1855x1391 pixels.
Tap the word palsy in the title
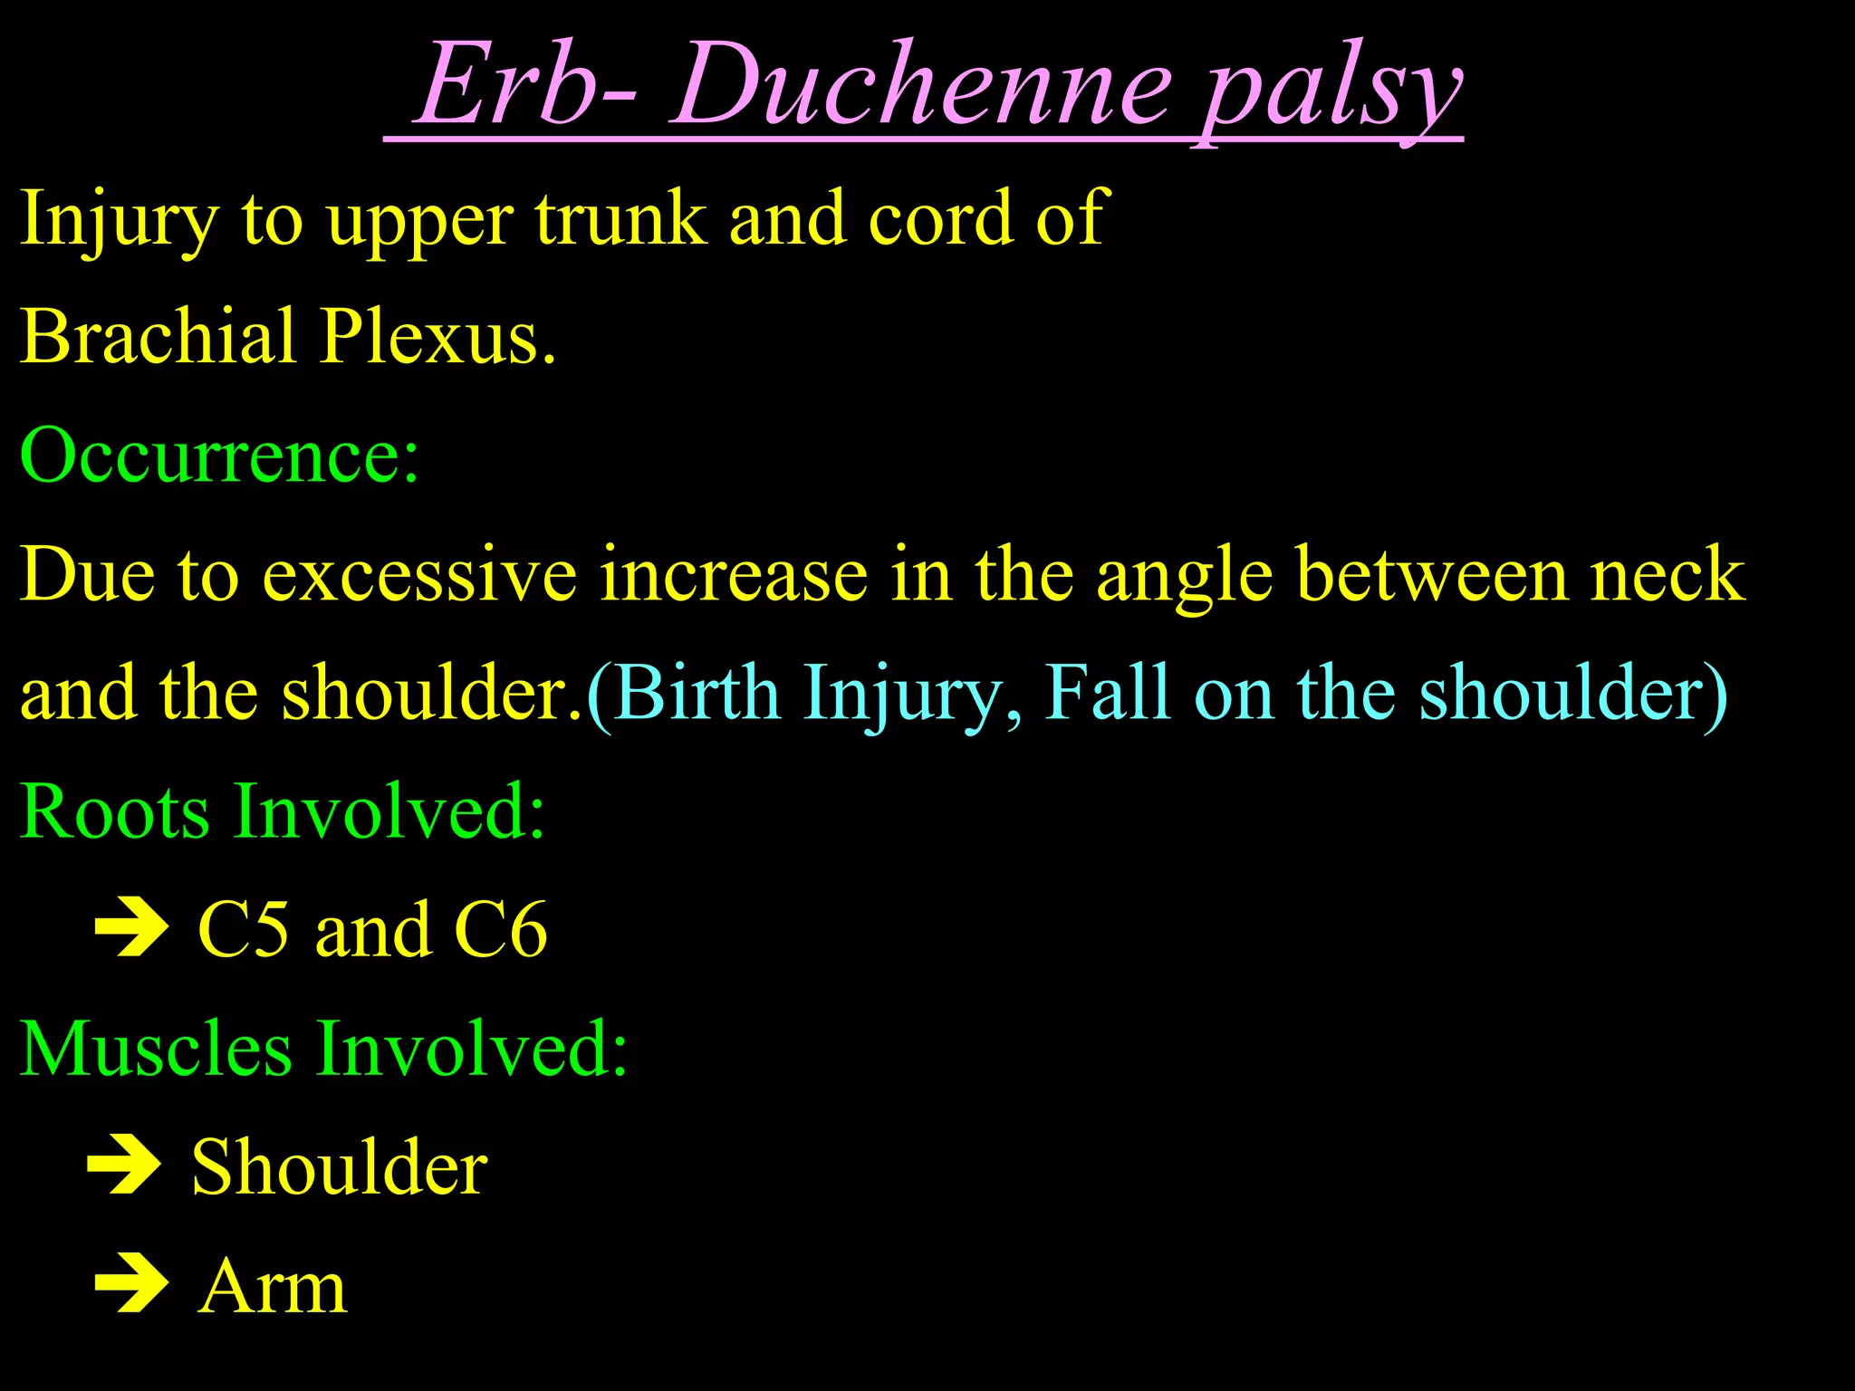point(1331,91)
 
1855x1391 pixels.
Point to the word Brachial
point(158,336)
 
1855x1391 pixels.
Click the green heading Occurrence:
point(219,455)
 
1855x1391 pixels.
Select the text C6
point(500,930)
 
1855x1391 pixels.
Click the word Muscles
point(156,1049)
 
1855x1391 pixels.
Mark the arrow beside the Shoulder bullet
point(124,1166)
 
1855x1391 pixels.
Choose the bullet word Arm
point(273,1286)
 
